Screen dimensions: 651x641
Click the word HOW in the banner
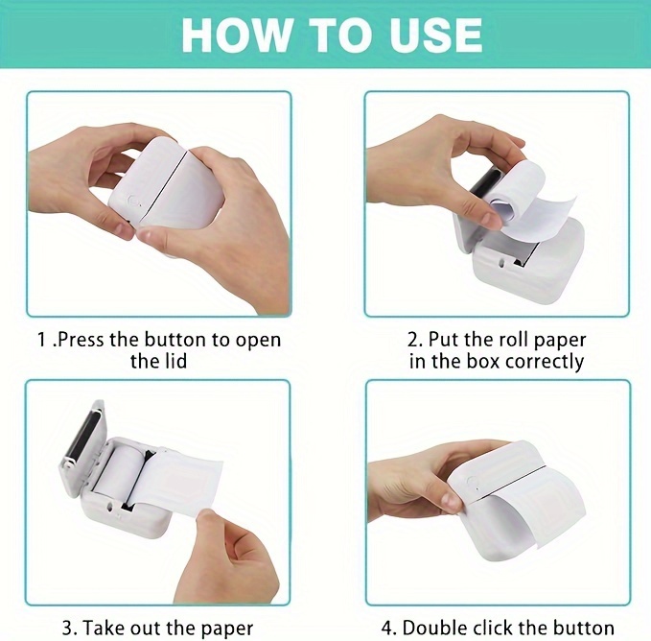(x=236, y=35)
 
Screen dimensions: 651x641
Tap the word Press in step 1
(x=81, y=340)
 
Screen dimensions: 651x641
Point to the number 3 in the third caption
(x=67, y=628)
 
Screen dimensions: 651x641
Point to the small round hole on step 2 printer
(x=502, y=263)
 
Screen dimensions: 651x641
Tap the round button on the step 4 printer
(x=471, y=482)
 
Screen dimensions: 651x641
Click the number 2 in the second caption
(x=413, y=340)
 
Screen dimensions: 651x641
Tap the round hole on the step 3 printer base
(x=110, y=507)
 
